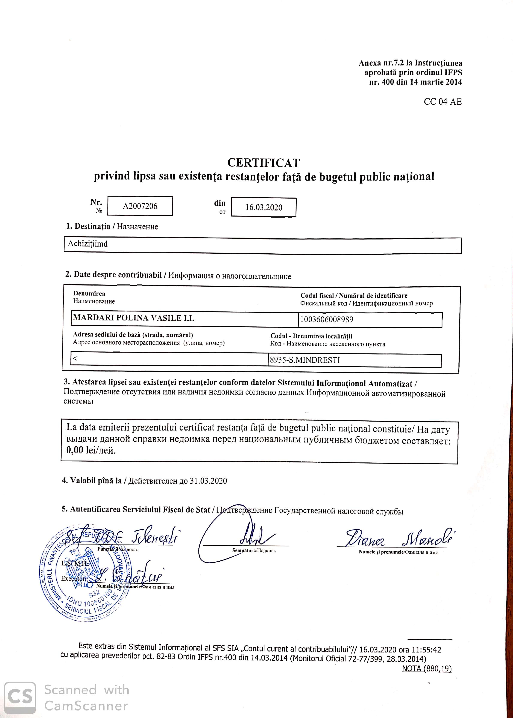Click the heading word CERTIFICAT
(263, 163)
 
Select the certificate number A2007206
(140, 206)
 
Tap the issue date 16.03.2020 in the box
(264, 208)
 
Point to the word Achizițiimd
(88, 244)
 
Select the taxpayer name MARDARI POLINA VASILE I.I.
(133, 318)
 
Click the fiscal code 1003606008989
(327, 320)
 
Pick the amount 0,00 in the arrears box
(75, 450)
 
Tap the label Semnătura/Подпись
(254, 550)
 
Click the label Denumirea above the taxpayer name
(89, 294)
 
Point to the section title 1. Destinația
(88, 226)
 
